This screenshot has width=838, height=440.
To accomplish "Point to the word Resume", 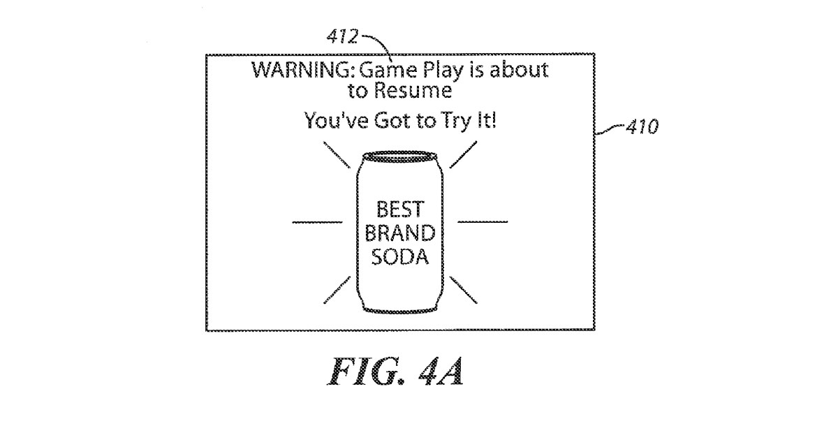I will click(416, 91).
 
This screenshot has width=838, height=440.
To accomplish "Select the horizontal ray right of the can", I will click(483, 221).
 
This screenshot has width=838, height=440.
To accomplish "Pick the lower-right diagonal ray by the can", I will click(464, 288).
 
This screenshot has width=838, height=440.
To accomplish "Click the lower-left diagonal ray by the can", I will click(337, 289).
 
